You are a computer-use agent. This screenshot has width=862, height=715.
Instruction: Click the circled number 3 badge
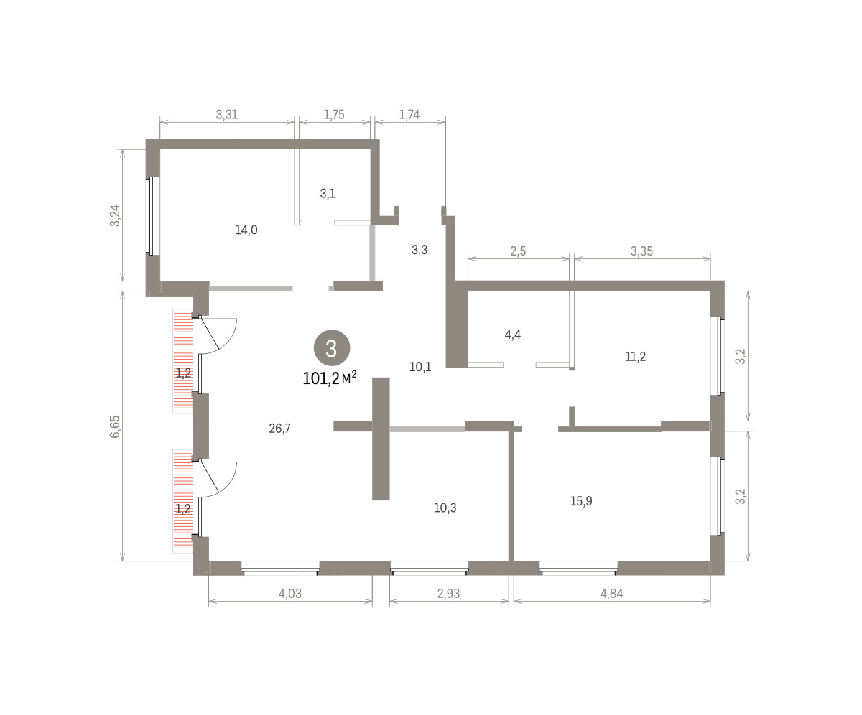click(332, 347)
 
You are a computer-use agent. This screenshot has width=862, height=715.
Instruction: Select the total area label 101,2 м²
click(330, 378)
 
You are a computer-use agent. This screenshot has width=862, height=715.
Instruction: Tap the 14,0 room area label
click(246, 230)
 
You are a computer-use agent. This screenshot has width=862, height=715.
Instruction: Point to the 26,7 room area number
click(279, 429)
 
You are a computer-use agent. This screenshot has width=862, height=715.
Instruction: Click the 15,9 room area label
click(581, 501)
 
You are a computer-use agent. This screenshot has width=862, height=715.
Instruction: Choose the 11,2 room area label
click(635, 357)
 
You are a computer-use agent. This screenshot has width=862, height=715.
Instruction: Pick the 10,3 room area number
click(445, 508)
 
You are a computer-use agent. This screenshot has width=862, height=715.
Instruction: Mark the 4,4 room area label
click(513, 335)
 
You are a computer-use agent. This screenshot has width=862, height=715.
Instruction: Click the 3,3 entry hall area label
click(420, 250)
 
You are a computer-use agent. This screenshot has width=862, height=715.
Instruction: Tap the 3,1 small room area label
click(328, 193)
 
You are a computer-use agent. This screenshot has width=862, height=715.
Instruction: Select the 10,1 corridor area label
click(420, 366)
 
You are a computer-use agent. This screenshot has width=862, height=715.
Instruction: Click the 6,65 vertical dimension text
click(115, 426)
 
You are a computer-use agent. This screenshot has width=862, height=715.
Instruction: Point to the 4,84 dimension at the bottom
click(611, 593)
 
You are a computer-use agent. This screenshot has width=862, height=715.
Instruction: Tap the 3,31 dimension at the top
click(227, 114)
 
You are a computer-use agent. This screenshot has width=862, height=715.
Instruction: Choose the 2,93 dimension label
click(448, 593)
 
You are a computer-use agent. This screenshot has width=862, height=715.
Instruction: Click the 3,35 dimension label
click(641, 251)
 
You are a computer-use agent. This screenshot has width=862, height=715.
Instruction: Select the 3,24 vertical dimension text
click(115, 215)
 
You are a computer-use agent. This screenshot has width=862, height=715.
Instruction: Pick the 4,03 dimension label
click(289, 593)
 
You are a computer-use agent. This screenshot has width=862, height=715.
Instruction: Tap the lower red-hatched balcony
click(182, 501)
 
